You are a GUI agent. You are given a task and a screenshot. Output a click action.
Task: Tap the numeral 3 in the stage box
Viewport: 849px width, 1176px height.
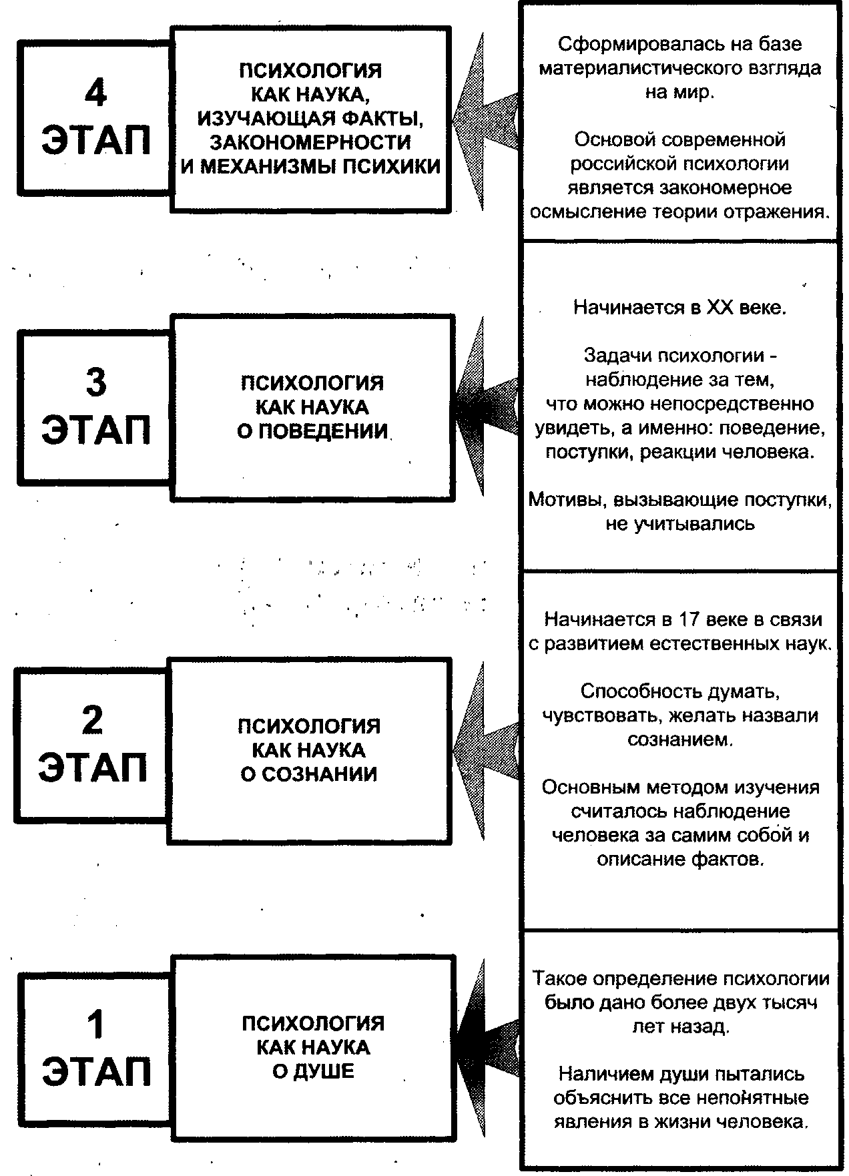pos(96,383)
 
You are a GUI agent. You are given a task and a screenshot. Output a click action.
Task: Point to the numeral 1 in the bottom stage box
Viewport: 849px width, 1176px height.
pos(96,1024)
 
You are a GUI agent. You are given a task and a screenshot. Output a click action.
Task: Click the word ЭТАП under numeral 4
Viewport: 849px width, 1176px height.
pos(96,141)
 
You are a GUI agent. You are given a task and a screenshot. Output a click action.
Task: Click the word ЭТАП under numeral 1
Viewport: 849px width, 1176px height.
pos(96,1072)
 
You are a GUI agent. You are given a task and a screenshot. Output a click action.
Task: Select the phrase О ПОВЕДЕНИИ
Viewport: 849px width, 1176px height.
pos(312,431)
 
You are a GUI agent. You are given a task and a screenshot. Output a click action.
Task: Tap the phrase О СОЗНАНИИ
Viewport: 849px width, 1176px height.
pos(309,774)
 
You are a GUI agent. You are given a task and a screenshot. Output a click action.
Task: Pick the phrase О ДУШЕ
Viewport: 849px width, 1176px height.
pos(313,1071)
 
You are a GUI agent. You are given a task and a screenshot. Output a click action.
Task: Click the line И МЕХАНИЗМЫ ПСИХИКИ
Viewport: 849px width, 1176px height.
pos(311,166)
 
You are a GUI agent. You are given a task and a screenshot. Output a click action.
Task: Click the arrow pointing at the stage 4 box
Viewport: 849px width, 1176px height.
pos(484,120)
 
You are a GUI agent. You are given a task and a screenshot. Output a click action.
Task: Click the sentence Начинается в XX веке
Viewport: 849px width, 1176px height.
pos(680,308)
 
